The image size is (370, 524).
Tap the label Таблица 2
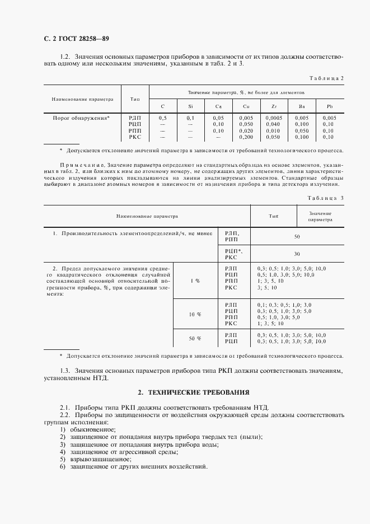pyautogui.click(x=326, y=78)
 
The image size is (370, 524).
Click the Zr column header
pyautogui.click(x=273, y=106)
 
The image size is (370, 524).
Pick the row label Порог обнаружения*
pyautogui.click(x=81, y=118)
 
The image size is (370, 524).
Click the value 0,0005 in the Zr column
pyautogui.click(x=273, y=118)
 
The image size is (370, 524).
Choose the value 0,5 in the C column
pyautogui.click(x=162, y=118)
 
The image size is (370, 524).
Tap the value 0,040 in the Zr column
pyautogui.click(x=273, y=124)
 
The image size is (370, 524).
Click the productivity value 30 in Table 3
pyautogui.click(x=297, y=253)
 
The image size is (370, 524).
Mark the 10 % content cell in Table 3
pyautogui.click(x=195, y=314)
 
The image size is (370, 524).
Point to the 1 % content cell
pyautogui.click(x=195, y=280)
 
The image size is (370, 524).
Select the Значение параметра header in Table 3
pyautogui.click(x=320, y=217)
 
